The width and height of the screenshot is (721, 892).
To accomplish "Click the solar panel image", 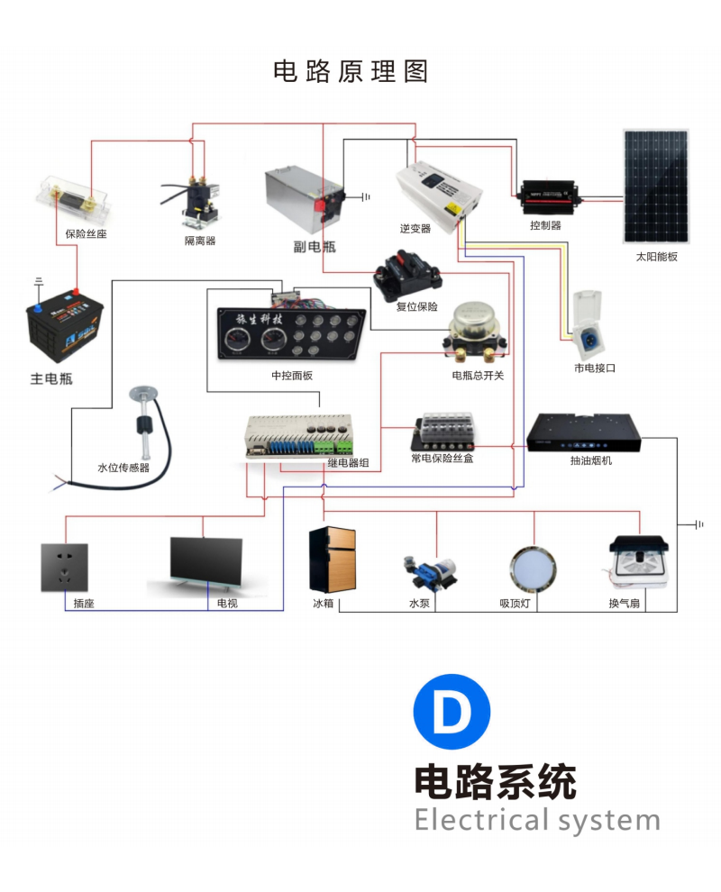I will [x=655, y=187].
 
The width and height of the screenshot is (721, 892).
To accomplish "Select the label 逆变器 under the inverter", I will [x=415, y=229].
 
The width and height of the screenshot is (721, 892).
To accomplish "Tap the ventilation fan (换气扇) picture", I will [x=639, y=563].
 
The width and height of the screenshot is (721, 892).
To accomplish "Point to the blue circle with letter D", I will [x=452, y=712].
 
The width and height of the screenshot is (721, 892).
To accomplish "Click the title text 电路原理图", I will [x=351, y=71].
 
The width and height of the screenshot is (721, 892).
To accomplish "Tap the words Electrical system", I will [x=537, y=821].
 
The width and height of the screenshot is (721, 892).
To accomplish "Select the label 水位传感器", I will [x=123, y=469].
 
